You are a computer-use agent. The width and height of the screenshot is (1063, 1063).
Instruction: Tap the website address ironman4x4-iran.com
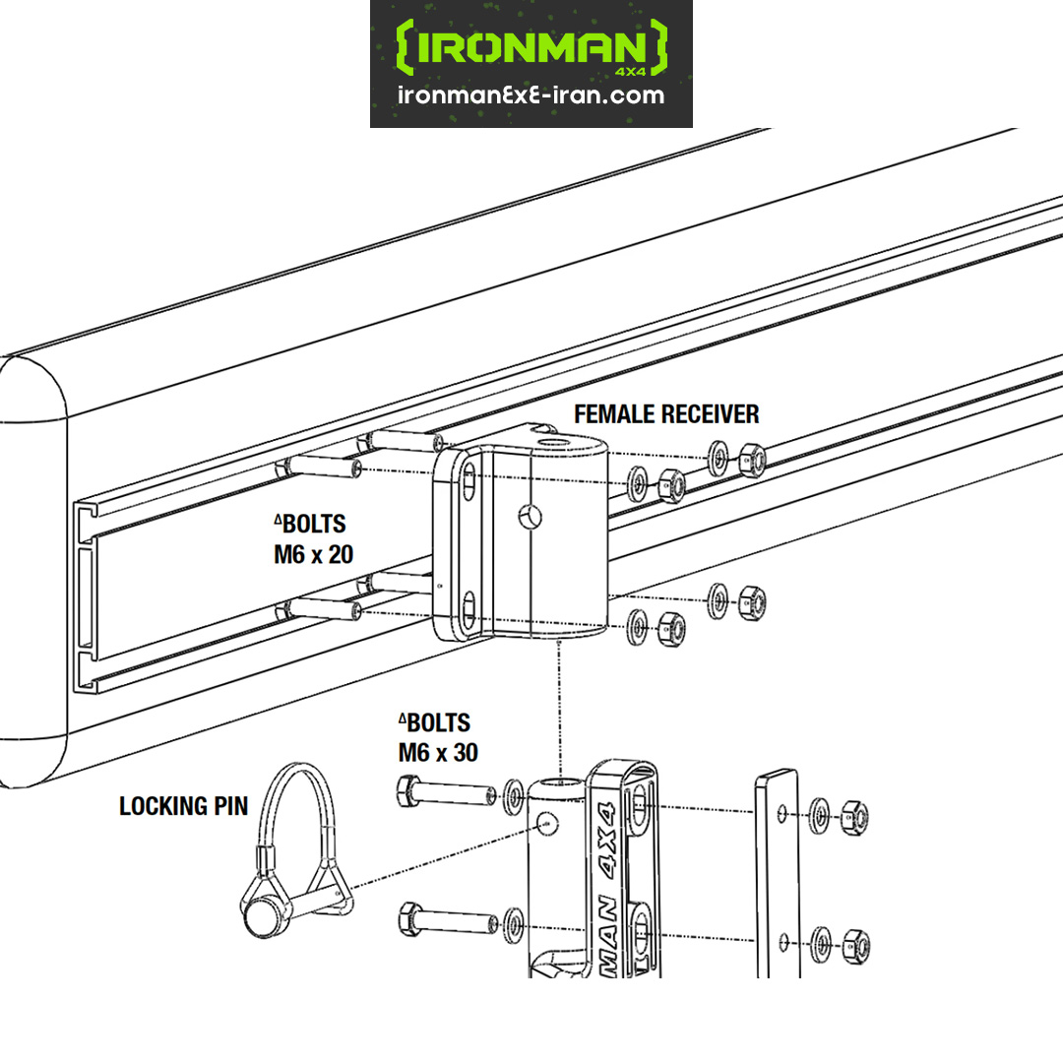531,95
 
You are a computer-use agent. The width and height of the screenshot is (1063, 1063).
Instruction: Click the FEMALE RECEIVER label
666,413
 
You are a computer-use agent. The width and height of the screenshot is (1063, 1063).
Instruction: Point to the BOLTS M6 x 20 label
312,539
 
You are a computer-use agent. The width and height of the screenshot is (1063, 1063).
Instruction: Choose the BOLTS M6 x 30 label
437,737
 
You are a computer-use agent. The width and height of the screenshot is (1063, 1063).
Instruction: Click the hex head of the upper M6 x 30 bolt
408,791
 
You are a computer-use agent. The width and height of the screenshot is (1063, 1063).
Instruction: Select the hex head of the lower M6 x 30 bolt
408,921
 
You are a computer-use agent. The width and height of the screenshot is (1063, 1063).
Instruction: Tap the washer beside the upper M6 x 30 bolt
513,796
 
